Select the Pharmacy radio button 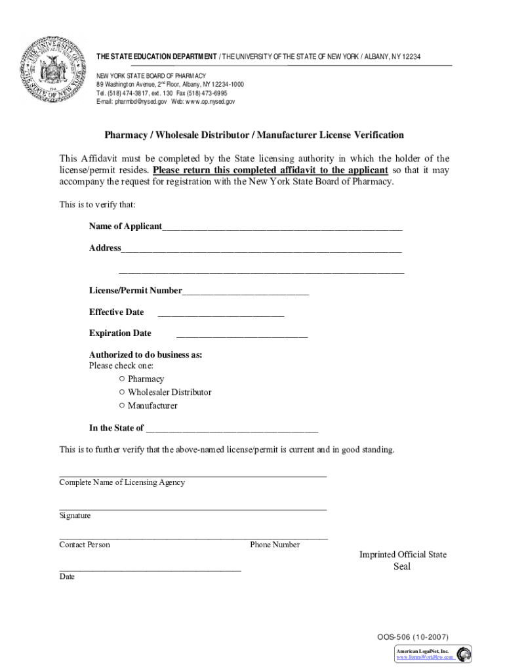click(122, 379)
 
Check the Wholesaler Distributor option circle click(122, 392)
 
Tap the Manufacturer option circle click(122, 406)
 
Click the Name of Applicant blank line click(282, 228)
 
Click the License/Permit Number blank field click(245, 292)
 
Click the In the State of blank click(232, 429)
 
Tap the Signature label click(75, 516)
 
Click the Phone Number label click(275, 545)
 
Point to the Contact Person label click(85, 545)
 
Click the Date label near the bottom click(67, 577)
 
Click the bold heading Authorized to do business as click(146, 355)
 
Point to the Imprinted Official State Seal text click(403, 560)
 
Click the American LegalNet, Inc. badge click(432, 654)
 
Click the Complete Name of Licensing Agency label click(122, 482)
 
